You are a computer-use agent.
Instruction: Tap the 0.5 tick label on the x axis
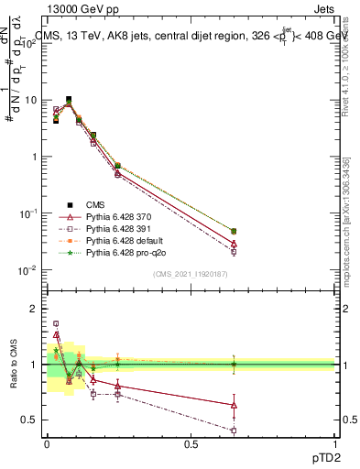point(191,444)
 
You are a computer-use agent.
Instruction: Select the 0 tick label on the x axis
point(46,444)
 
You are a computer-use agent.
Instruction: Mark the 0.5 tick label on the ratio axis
point(29,420)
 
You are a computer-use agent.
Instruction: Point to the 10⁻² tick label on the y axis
point(28,270)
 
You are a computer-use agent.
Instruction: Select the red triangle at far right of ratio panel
point(234,404)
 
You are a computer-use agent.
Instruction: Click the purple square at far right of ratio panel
point(234,430)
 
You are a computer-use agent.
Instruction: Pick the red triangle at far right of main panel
point(234,244)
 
